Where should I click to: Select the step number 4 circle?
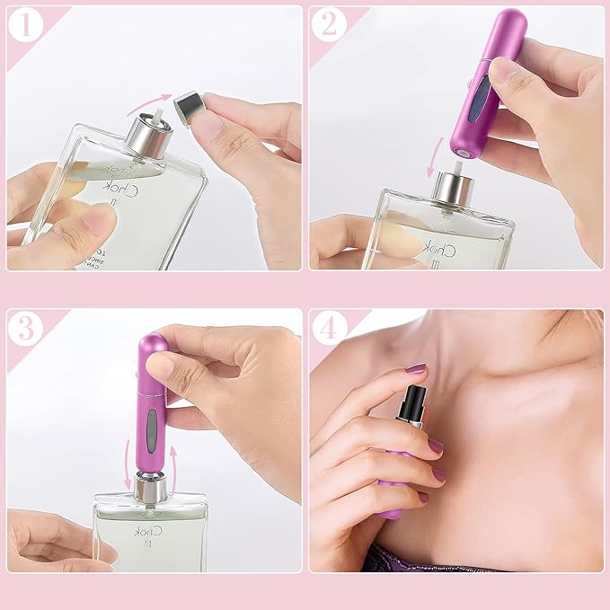pos(331,329)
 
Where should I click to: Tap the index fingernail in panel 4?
pos(414,368)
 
